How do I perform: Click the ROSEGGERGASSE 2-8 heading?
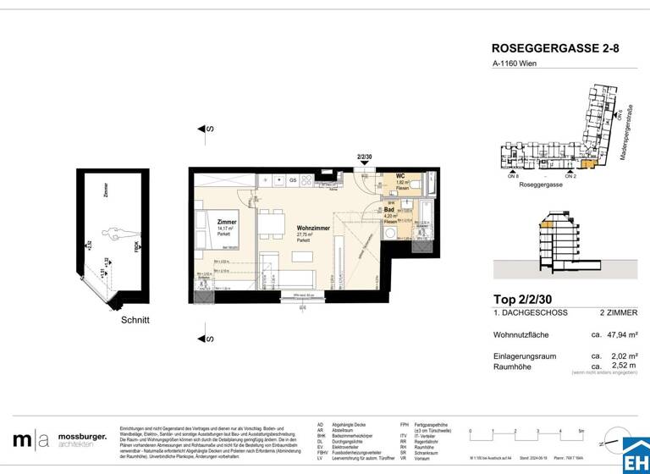point(555,49)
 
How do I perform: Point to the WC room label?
point(401,177)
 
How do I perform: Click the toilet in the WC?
point(428,181)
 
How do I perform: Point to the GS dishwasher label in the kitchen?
point(293,180)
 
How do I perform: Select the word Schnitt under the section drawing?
point(135,320)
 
